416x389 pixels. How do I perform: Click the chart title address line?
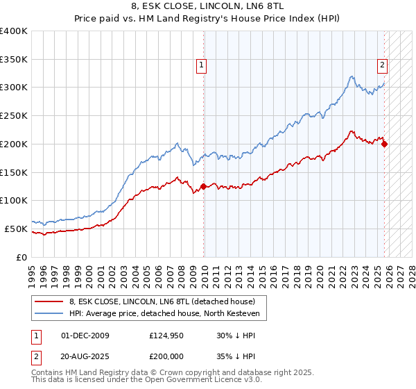[x=208, y=6]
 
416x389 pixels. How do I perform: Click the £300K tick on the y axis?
[x=14, y=88]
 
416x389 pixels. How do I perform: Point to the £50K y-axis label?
[x=16, y=229]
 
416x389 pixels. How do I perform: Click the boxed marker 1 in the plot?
[x=200, y=66]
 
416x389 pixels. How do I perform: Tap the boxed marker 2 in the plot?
[x=382, y=66]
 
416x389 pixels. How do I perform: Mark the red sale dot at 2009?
[x=203, y=186]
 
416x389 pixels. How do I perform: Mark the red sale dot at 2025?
[x=385, y=144]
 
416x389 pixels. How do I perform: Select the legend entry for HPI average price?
[x=164, y=314]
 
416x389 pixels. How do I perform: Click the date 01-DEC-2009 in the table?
[x=85, y=336]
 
